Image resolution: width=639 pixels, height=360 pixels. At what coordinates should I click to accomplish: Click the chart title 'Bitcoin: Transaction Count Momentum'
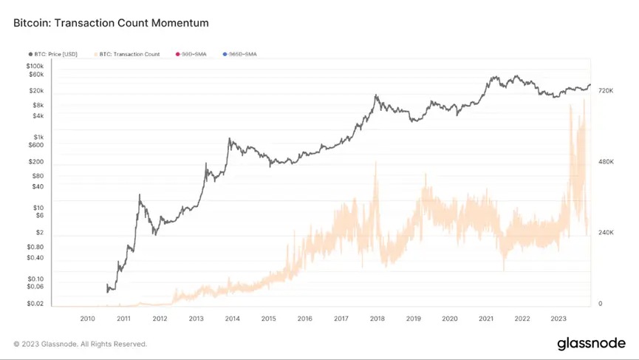[x=111, y=23]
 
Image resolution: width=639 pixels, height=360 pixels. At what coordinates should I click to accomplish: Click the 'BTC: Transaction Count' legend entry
[x=131, y=54]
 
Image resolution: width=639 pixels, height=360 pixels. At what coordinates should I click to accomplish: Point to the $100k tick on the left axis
[x=35, y=66]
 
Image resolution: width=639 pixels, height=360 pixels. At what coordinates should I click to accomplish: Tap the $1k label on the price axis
[x=38, y=137]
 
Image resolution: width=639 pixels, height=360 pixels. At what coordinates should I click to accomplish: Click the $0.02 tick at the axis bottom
[x=35, y=303]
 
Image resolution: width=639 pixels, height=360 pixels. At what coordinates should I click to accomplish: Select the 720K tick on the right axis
[x=606, y=90]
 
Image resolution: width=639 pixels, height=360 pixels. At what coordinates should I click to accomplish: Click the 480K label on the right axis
[x=606, y=161]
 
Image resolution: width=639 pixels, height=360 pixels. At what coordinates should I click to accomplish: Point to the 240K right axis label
[x=606, y=232]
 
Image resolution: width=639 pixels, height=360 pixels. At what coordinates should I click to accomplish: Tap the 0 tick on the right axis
[x=600, y=303]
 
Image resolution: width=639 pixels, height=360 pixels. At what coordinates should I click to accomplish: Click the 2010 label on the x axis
[x=87, y=319]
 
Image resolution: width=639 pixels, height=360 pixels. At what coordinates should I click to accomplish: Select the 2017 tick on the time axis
[x=341, y=319]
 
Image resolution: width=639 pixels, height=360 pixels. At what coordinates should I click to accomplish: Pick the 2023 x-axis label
[x=558, y=319]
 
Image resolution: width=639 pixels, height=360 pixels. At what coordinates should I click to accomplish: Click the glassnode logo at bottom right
[x=591, y=343]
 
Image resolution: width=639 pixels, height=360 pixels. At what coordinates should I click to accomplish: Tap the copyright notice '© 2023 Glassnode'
[x=80, y=344]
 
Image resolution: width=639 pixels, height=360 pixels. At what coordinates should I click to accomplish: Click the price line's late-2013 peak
[x=230, y=138]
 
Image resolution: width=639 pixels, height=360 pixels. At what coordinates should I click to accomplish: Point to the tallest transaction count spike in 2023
[x=584, y=99]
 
